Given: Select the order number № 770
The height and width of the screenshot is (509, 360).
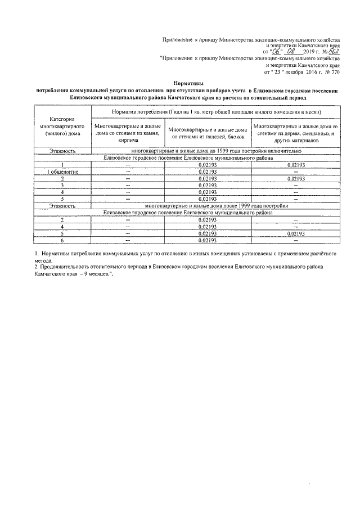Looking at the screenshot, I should point(332,72).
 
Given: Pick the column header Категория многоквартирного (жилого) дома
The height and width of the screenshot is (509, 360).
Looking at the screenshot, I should point(62,127).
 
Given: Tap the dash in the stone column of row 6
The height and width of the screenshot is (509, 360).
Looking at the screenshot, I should point(128,240).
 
